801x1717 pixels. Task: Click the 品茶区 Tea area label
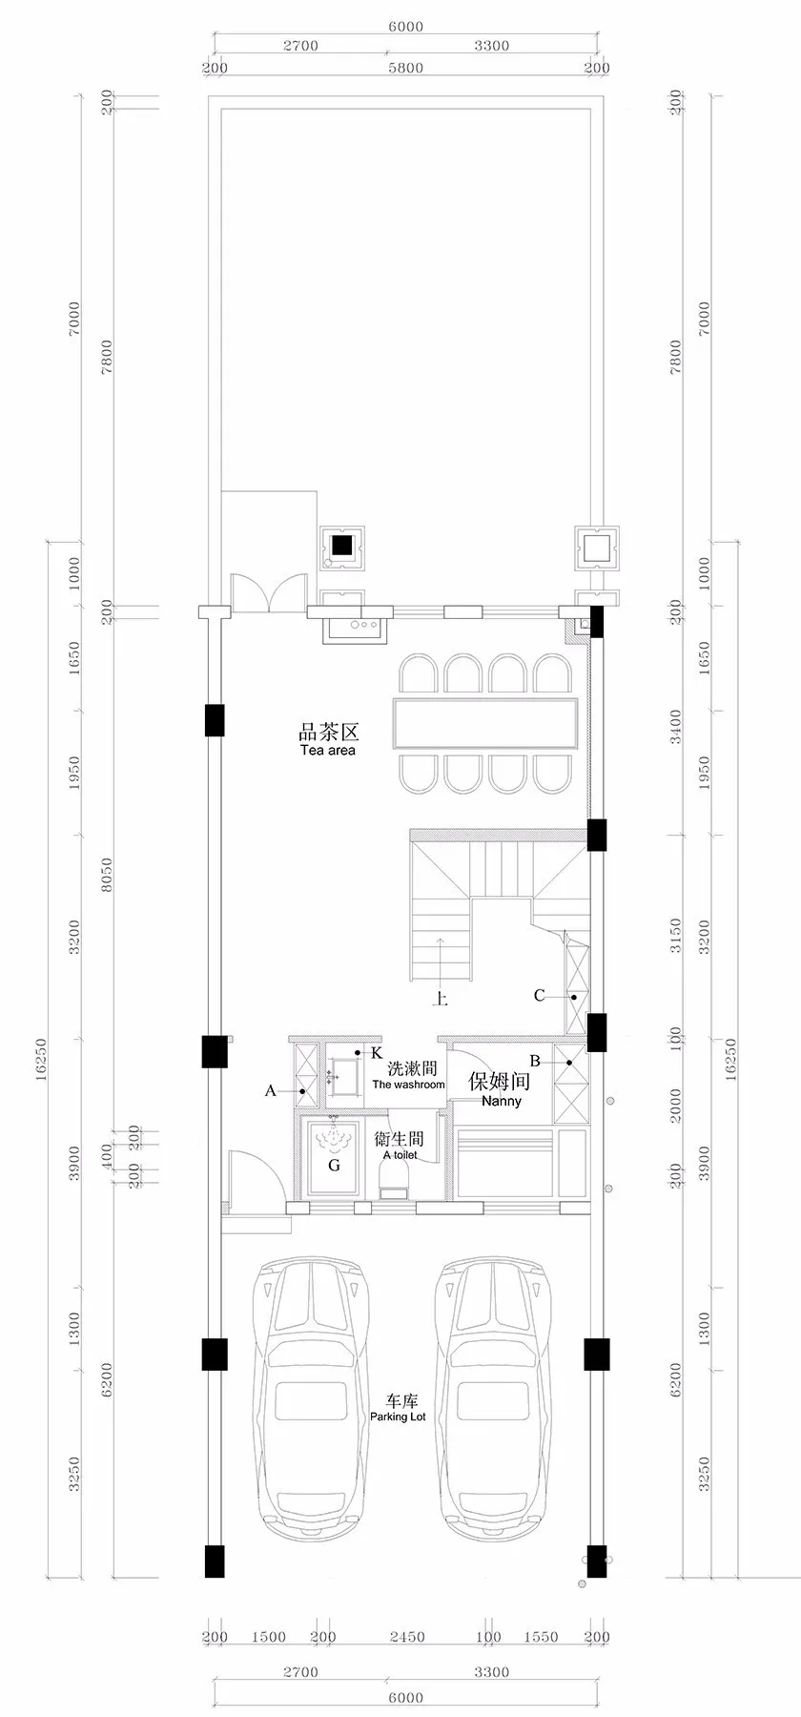(x=327, y=740)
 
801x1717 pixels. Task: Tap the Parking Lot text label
(x=399, y=1410)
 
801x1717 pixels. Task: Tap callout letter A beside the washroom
(x=270, y=1090)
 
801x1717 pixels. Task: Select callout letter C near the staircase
(x=539, y=996)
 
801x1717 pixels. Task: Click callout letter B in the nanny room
(x=535, y=1061)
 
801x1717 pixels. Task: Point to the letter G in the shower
(x=334, y=1165)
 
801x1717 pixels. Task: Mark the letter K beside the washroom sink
(x=377, y=1052)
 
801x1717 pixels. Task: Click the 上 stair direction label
(x=441, y=999)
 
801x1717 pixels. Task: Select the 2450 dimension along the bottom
(x=407, y=1637)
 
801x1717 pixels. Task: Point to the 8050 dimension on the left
(x=106, y=875)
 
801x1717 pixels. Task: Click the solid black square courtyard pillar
(x=341, y=548)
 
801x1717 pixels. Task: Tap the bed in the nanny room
(x=505, y=1164)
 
